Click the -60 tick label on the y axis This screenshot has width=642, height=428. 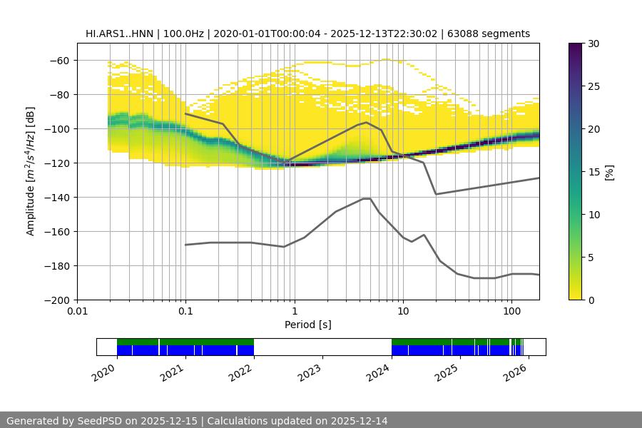pos(58,61)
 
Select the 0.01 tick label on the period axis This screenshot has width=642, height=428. pos(77,312)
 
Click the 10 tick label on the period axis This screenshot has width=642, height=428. pos(403,312)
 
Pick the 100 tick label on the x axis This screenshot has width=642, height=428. pos(511,312)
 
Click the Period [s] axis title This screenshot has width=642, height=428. pos(308,325)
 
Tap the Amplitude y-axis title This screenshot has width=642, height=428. pos(31,172)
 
